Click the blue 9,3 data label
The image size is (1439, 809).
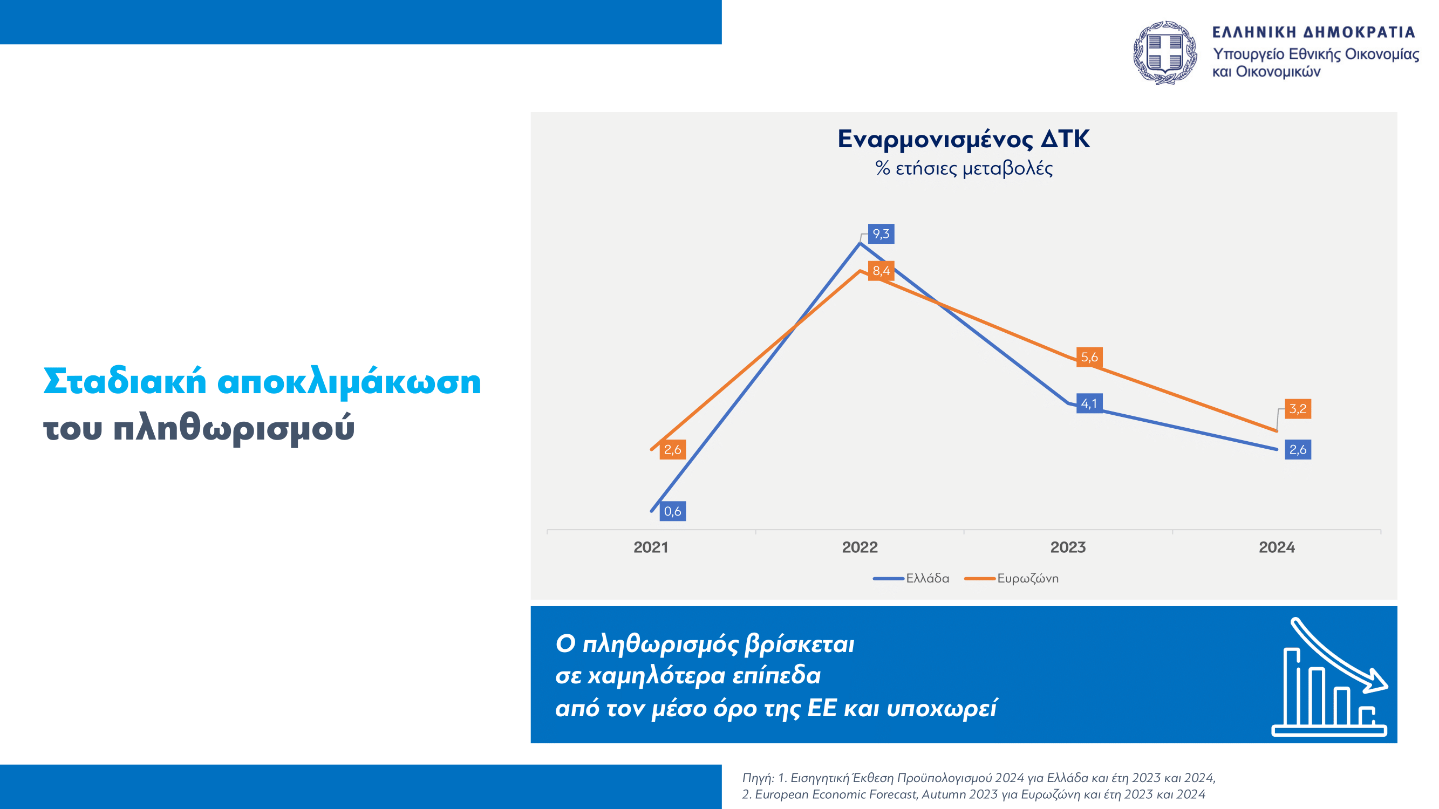point(881,234)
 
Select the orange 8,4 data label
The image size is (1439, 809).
point(881,271)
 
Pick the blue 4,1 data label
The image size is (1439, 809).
point(1089,403)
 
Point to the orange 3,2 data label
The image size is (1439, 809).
point(1298,409)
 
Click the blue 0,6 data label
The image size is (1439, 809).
point(673,511)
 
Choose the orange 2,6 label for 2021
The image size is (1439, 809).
point(673,449)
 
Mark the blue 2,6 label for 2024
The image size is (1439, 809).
point(1298,449)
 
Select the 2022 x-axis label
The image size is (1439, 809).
point(860,547)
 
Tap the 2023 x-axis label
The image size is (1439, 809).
point(1068,547)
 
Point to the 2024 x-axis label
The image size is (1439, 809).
point(1277,547)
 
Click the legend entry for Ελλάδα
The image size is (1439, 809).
point(911,578)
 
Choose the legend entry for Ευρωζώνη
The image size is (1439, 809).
point(1012,578)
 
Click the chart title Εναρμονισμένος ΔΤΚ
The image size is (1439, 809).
point(964,139)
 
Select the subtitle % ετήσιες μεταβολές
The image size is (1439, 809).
point(964,168)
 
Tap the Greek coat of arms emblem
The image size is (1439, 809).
point(1165,53)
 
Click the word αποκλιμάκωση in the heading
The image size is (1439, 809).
point(349,382)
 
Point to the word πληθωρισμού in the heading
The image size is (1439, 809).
point(234,429)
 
